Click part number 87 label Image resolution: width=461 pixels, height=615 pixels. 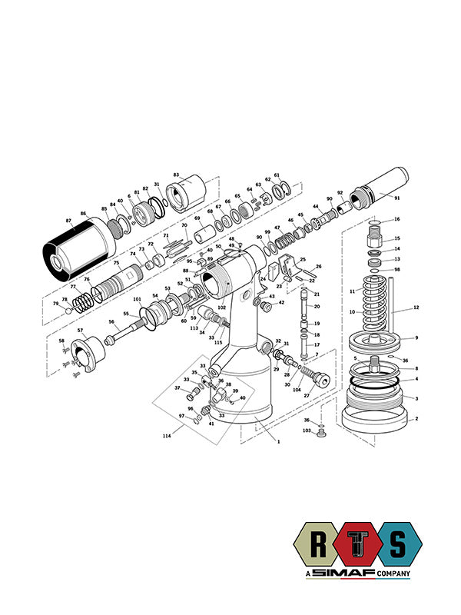coord(68,221)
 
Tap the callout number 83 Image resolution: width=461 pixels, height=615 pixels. coord(176,175)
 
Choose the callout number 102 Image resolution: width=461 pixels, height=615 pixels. coord(221,307)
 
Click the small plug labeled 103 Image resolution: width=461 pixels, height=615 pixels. coord(321,434)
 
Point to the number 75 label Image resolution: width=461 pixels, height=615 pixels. coord(116,263)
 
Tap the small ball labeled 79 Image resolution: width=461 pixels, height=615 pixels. coord(68,311)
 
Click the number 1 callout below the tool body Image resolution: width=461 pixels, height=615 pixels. coord(278,442)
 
